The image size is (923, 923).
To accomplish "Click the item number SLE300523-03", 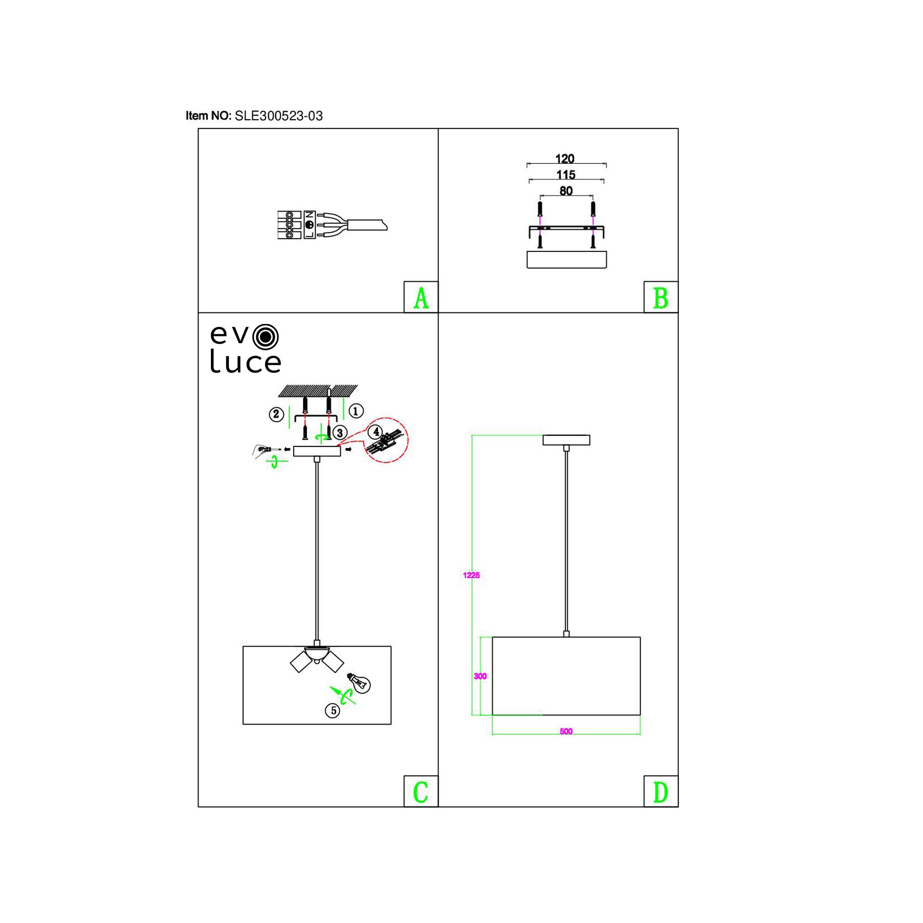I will point(279,116).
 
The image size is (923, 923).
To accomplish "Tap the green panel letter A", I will point(421,298).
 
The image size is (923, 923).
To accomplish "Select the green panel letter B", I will point(661,298).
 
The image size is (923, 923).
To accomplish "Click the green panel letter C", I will point(421,792).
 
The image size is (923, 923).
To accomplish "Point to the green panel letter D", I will point(661,792).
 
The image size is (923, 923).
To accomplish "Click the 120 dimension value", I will point(565,159).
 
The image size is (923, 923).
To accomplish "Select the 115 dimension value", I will point(566,175).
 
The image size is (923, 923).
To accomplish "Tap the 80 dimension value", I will point(566,191).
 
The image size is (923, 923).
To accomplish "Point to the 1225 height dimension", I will point(471,575).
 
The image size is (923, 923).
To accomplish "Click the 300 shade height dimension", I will point(479,676).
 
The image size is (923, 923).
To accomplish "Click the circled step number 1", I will point(356,410).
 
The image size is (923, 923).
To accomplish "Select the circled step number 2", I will point(276,414).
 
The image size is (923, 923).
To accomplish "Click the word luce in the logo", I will point(246,364).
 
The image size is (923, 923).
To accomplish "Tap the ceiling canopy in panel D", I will point(566,439).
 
